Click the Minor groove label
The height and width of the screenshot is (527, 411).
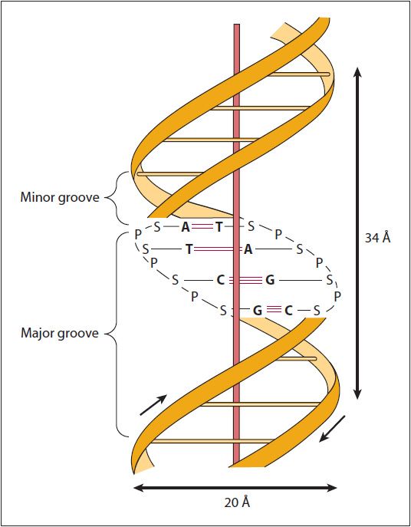[60, 197]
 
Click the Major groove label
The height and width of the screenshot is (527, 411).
[60, 334]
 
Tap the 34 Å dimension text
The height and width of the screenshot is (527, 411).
[378, 238]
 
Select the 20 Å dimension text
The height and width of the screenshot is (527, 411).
[237, 502]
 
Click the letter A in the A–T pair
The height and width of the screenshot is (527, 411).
[186, 228]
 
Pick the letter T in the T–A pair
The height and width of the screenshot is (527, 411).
[189, 249]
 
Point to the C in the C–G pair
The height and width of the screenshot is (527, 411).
[220, 280]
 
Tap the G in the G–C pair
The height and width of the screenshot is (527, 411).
[258, 311]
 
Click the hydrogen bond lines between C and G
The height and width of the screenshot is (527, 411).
[245, 280]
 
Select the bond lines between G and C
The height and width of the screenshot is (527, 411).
[273, 311]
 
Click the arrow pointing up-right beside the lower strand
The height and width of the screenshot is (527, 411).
[153, 405]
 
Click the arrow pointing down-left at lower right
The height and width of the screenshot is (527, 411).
[332, 429]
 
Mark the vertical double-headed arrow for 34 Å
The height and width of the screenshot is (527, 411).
[357, 233]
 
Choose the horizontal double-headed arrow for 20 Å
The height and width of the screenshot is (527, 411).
[235, 488]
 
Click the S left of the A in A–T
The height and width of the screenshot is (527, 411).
[157, 227]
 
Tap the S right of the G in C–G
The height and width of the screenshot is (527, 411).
[330, 280]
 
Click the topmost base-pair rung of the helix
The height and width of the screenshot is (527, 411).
[298, 74]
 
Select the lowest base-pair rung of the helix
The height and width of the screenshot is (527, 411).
[212, 440]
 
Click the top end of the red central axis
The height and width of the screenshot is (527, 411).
[237, 25]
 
